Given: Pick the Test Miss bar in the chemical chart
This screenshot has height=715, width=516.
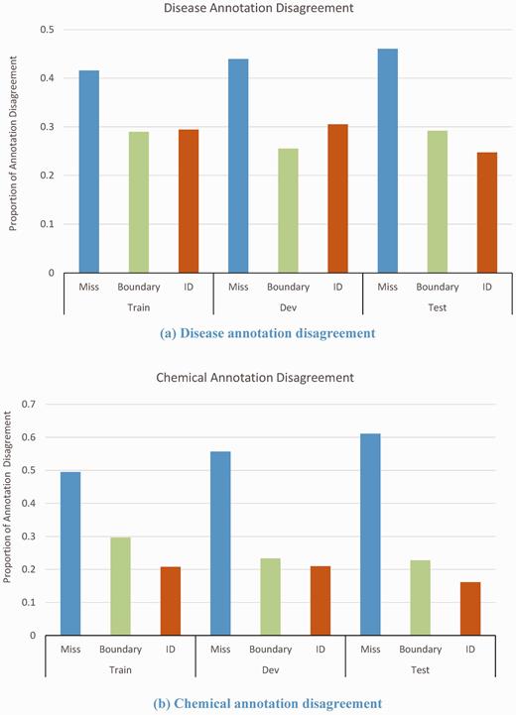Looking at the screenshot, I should (370, 535).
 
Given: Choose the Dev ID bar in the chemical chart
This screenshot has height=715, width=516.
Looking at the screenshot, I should (321, 602).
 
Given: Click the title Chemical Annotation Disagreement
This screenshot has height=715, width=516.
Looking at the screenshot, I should (256, 378).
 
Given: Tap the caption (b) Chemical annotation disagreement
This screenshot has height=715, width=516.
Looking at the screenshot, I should (268, 703).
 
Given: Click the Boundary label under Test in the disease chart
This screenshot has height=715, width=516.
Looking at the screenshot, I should (438, 288).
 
